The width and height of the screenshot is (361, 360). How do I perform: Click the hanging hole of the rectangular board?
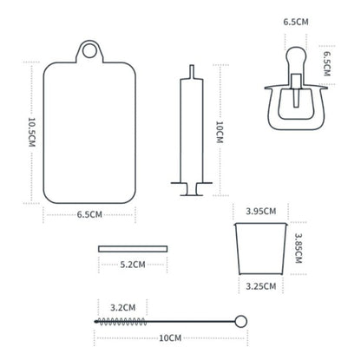pyautogui.click(x=89, y=51)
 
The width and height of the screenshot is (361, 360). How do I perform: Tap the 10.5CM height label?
pyautogui.click(x=31, y=132)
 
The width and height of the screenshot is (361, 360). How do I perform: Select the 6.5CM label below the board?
pyautogui.click(x=89, y=214)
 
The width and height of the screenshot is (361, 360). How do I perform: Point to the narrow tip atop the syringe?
pyautogui.click(x=192, y=71)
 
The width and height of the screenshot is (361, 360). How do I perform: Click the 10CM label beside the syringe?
pyautogui.click(x=220, y=132)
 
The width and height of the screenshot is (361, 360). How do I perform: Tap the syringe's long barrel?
pyautogui.click(x=192, y=130)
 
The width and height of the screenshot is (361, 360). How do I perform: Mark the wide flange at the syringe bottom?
pyautogui.click(x=192, y=183)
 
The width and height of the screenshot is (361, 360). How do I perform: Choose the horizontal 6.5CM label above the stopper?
pyautogui.click(x=296, y=22)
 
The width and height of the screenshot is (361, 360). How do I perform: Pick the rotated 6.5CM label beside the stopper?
pyautogui.click(x=326, y=64)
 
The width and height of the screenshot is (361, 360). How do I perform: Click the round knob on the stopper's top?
pyautogui.click(x=296, y=56)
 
